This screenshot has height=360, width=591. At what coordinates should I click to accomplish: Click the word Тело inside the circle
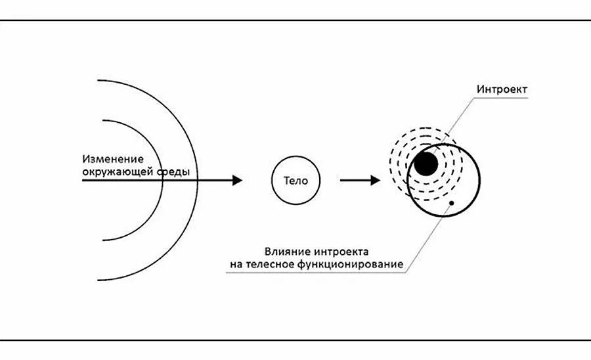tap(295, 180)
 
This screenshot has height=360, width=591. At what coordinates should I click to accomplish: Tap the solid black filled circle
tap(426, 164)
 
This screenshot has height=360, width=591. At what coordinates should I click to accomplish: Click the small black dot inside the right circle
tap(451, 203)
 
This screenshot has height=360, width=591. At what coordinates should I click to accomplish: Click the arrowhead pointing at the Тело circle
tap(237, 180)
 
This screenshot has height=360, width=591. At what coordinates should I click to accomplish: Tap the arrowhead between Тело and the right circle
tap(375, 180)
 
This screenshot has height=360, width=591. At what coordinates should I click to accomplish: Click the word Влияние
tap(286, 251)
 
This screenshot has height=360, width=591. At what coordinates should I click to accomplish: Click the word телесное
tap(268, 264)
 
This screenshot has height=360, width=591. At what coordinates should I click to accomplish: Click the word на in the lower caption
tap(236, 264)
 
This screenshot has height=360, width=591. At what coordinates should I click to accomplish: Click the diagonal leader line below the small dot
tap(427, 240)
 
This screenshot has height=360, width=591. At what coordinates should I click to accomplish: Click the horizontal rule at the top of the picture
tap(295, 20)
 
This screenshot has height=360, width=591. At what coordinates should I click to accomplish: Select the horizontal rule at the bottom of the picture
tap(295, 340)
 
